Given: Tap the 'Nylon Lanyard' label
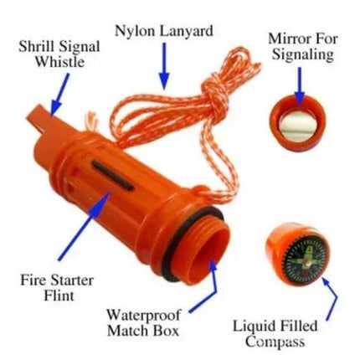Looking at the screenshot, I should [x=163, y=32].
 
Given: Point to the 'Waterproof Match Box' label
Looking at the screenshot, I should [x=142, y=322].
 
